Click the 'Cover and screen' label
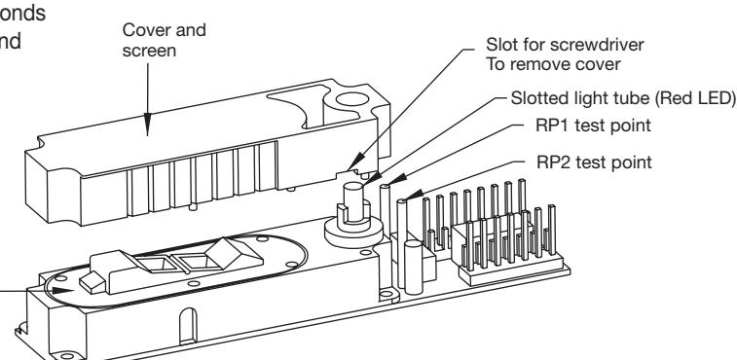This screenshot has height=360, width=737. click(x=164, y=40)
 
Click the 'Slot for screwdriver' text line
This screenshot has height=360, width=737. click(x=565, y=45)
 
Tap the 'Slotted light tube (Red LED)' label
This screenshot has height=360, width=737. click(x=623, y=98)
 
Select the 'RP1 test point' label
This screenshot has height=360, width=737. click(x=593, y=126)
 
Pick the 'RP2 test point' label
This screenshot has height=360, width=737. click(x=594, y=162)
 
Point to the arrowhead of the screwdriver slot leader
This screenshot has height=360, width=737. click(x=354, y=162)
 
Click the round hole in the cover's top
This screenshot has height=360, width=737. click(x=352, y=99)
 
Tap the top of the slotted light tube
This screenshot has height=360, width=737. click(x=353, y=187)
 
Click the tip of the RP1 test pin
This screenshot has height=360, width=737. click(x=385, y=187)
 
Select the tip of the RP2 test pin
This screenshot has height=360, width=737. click(x=401, y=201)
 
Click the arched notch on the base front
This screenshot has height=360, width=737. click(x=188, y=326)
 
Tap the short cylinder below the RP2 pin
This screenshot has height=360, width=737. click(x=413, y=267)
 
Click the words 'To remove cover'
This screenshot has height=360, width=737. click(x=553, y=64)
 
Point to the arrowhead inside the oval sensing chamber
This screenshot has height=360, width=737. click(x=62, y=291)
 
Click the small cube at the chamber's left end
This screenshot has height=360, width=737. click(x=92, y=282)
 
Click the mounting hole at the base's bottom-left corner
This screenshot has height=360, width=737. click(x=67, y=356)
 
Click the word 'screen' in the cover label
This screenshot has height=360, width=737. click(x=149, y=51)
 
